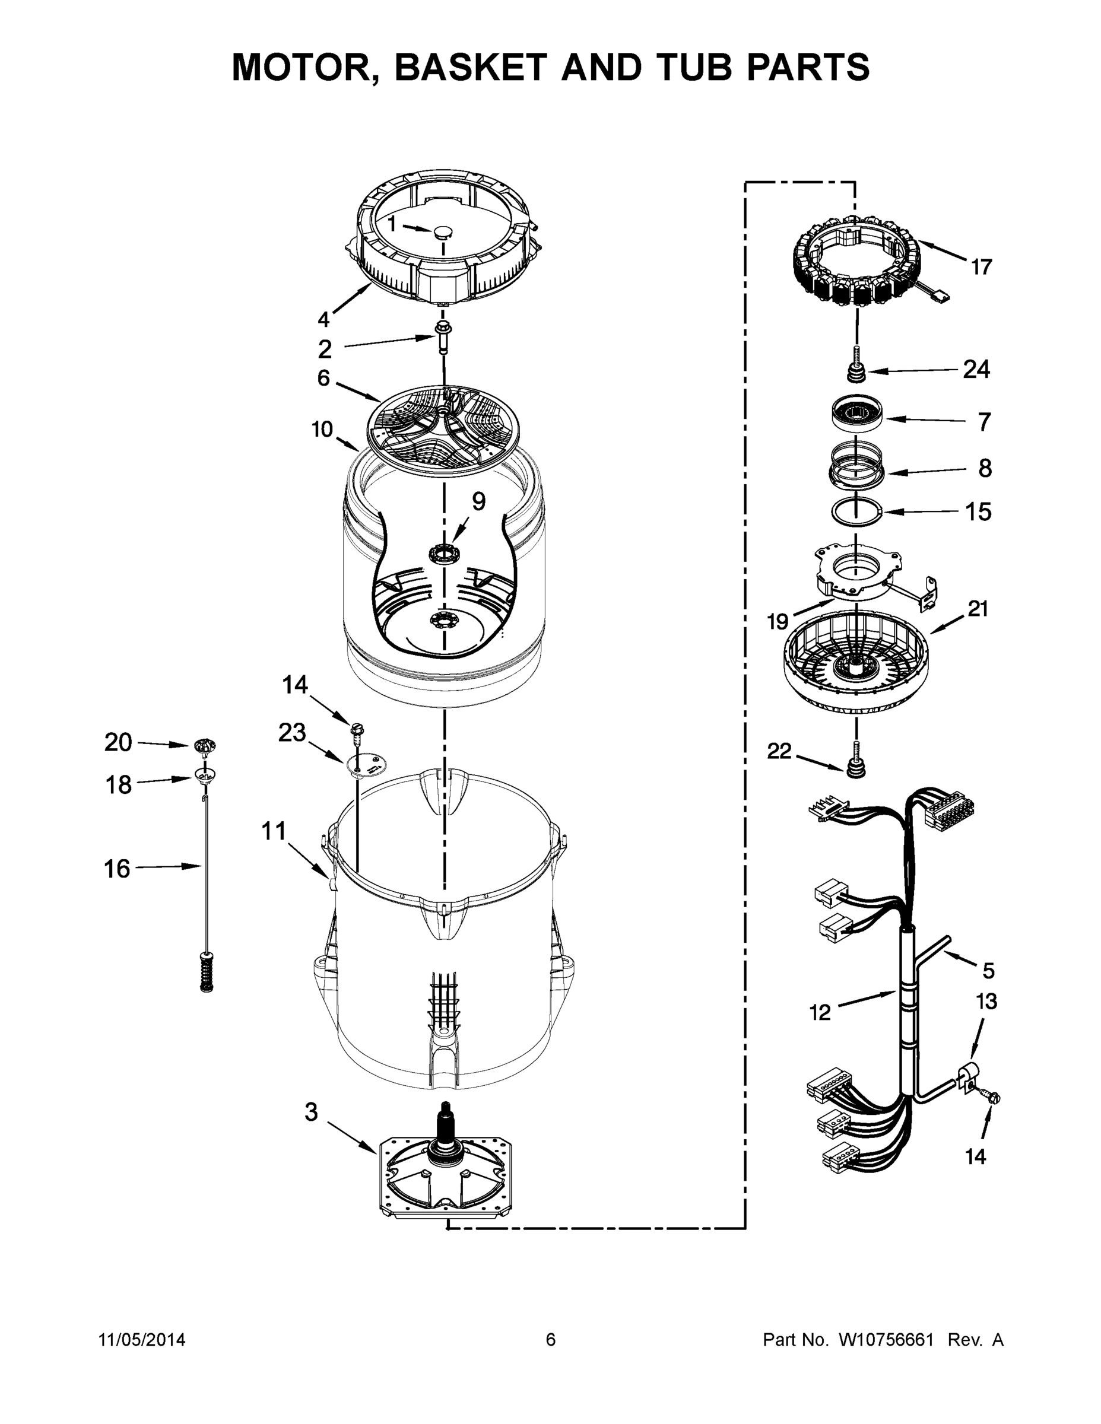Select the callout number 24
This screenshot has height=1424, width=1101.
(x=976, y=370)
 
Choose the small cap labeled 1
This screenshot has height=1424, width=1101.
(x=443, y=231)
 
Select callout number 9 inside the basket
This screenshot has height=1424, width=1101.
(x=478, y=501)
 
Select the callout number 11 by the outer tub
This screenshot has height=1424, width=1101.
(x=274, y=831)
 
